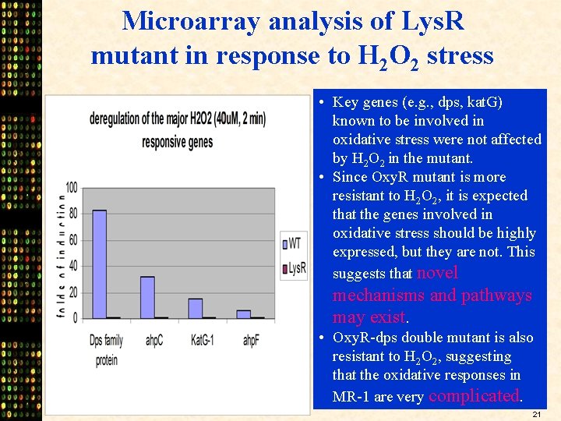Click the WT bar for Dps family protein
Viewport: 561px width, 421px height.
point(99,264)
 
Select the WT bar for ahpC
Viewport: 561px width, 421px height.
point(147,297)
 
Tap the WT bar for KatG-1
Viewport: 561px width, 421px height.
point(195,308)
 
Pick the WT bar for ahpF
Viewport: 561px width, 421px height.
point(243,313)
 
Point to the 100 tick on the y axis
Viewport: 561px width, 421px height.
point(71,187)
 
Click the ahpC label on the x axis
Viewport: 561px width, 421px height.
point(154,341)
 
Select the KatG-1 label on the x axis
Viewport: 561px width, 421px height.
point(203,341)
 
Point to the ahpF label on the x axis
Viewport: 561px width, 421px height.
point(250,341)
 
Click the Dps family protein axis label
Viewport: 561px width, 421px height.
point(107,350)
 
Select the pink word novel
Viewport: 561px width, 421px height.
point(438,273)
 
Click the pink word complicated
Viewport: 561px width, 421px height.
point(473,395)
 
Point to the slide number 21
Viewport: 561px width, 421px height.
point(536,414)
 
